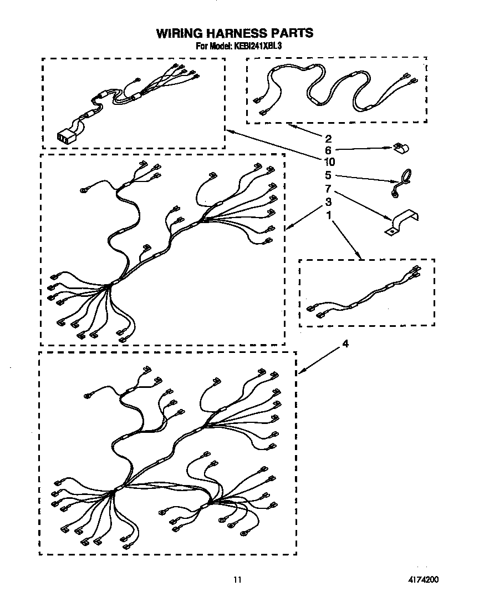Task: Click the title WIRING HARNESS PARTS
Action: (x=235, y=33)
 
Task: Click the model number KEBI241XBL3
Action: (x=257, y=47)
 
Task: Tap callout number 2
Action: (x=328, y=138)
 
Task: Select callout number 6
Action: (x=328, y=150)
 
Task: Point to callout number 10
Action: (x=330, y=162)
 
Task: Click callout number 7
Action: (x=328, y=189)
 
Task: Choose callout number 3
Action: (x=328, y=201)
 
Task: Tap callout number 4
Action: (x=345, y=344)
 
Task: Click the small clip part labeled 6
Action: (x=400, y=148)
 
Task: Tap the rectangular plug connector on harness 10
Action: (x=65, y=135)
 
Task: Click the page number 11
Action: (x=238, y=580)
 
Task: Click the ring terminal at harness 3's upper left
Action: (x=83, y=190)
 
